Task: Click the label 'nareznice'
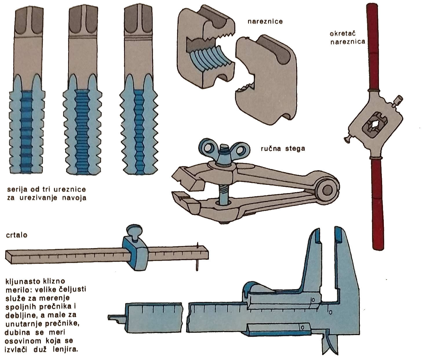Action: [x=265, y=21]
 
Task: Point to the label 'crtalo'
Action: [x=17, y=235]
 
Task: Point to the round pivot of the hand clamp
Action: [x=327, y=190]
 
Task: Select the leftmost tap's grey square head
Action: [x=29, y=22]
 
